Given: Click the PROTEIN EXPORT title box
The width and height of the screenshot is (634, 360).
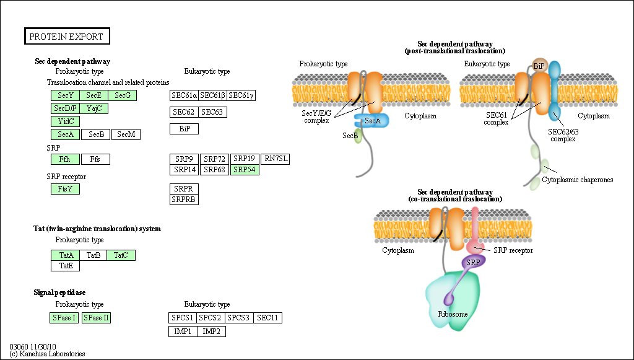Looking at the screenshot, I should (67, 37).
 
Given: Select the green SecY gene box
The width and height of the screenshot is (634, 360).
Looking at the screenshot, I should (65, 95).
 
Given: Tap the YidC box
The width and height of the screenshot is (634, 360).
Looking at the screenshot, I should (65, 121).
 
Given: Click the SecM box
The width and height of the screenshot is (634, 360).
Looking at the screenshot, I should (126, 134).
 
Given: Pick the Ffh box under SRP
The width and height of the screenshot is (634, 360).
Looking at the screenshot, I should (65, 159).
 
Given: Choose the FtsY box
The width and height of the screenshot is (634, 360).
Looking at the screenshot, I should (65, 189).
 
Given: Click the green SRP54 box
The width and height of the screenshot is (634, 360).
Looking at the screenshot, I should (245, 169).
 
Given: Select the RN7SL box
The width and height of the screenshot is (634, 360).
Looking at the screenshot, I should (276, 159).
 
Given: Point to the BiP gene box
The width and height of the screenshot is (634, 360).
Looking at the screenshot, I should (184, 129).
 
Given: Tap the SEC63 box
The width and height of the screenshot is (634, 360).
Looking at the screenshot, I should (212, 112).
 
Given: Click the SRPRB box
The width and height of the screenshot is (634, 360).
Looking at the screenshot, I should (184, 199).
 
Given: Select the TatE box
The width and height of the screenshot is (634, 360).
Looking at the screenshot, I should (65, 266).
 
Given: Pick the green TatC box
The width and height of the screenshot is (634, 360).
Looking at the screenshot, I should (121, 255).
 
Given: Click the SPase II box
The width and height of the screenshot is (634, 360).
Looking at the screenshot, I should (96, 318).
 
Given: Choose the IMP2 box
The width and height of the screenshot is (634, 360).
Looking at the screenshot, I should (212, 331).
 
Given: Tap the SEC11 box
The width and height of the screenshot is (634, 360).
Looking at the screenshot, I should (268, 318).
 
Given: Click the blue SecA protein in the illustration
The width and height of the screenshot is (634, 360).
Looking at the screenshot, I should (372, 121).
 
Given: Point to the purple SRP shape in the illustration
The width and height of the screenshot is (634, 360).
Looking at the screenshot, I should (473, 262).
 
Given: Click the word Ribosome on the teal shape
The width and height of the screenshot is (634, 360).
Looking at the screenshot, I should (453, 314).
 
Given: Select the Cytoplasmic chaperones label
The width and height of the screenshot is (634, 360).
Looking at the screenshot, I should (577, 180).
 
